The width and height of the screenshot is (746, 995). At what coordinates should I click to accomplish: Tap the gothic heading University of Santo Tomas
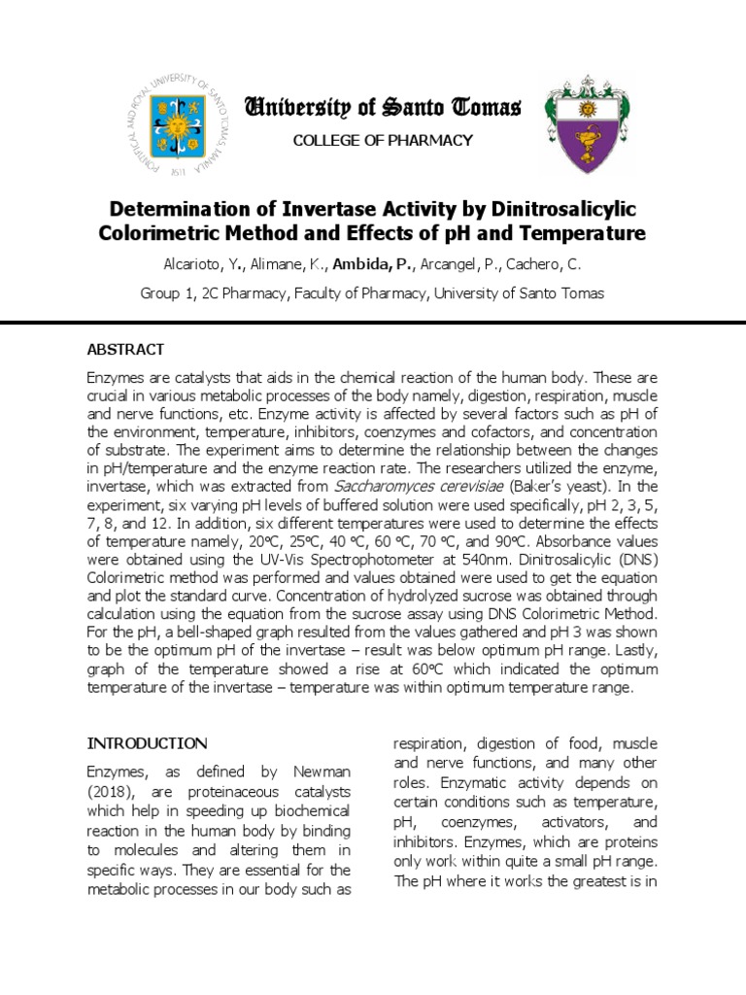click(383, 107)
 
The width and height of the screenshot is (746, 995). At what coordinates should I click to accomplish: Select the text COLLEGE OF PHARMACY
click(383, 141)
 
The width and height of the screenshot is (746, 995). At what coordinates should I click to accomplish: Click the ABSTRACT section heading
click(126, 349)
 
